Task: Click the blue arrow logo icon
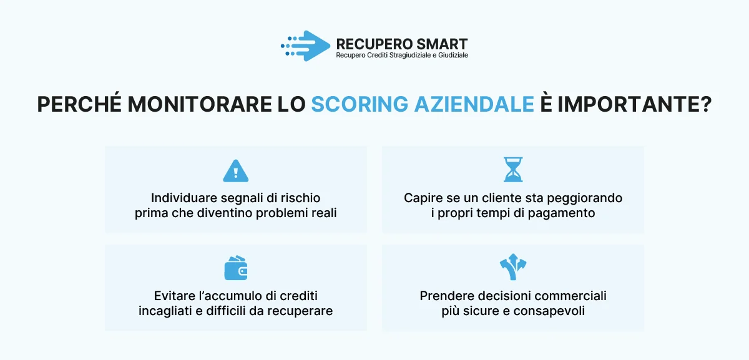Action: point(306,46)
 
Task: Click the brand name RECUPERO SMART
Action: point(401,44)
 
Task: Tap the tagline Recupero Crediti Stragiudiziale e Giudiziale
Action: point(402,56)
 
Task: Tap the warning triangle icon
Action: point(236,170)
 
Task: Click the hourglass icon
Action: point(513,169)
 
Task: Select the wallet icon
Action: point(236,268)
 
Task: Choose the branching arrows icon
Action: point(513,266)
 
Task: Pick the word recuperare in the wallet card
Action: point(302,311)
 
